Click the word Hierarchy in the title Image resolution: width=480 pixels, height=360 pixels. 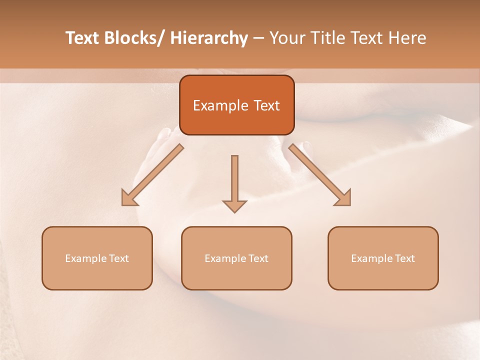(209, 38)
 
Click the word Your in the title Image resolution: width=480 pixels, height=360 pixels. (287, 38)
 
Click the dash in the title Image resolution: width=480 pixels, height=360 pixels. (258, 39)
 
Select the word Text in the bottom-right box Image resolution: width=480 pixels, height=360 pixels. (404, 258)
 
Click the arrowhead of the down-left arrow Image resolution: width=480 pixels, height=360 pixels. (128, 199)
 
